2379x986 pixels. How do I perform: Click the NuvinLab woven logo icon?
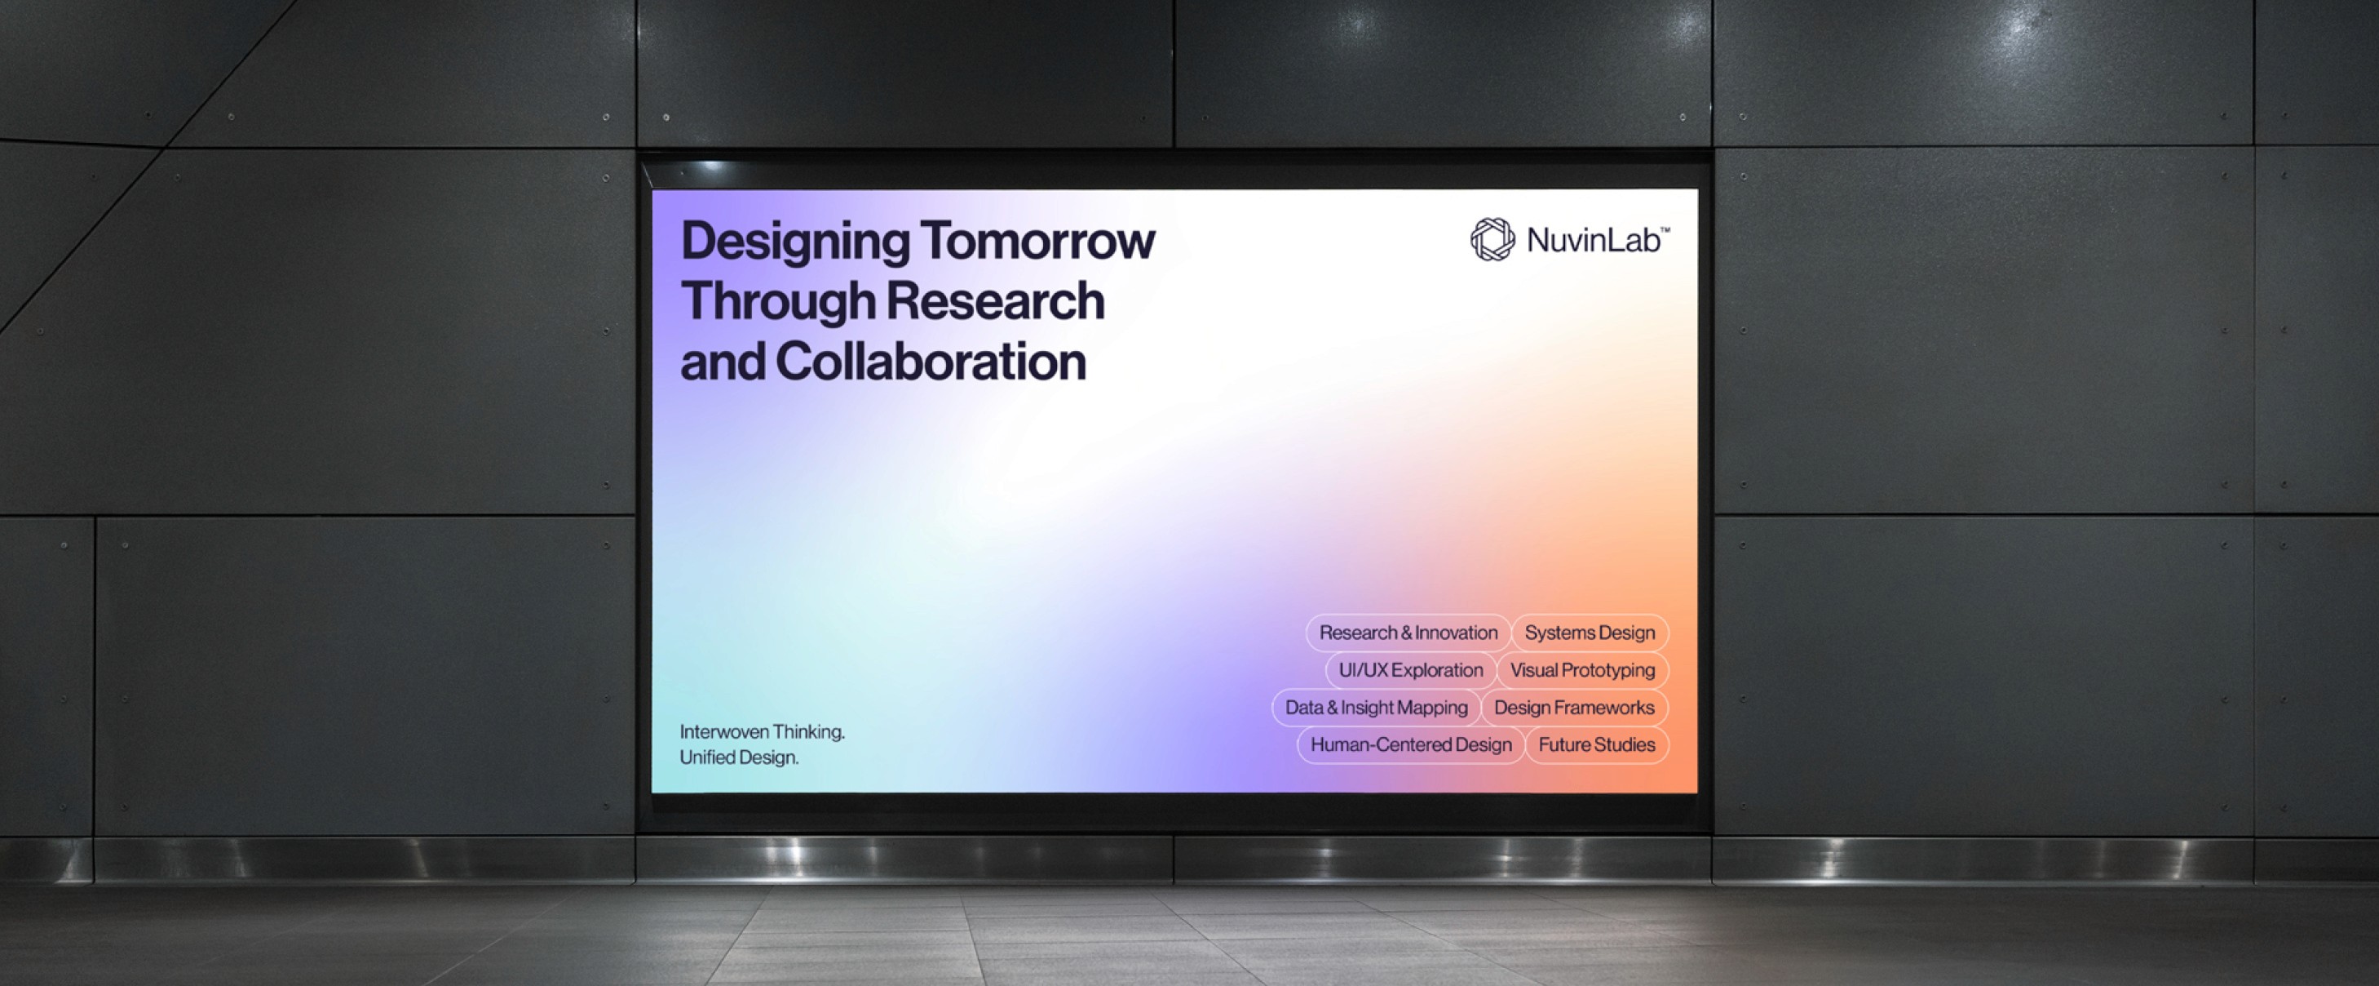point(1492,239)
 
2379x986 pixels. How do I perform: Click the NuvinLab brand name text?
point(1593,240)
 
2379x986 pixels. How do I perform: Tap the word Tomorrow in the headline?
point(1037,240)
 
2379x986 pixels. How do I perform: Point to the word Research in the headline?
point(995,301)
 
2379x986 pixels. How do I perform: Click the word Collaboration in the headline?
point(930,362)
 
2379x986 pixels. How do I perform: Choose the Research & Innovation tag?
point(1408,633)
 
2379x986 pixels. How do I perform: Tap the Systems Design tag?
point(1590,633)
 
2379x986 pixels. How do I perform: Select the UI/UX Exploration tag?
point(1410,670)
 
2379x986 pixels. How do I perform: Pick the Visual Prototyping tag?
point(1582,670)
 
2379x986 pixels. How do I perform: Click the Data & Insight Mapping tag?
point(1376,708)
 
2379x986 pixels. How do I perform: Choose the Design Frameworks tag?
point(1574,708)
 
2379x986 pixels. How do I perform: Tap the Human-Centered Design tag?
point(1410,745)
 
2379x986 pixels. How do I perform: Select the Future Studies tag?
point(1596,745)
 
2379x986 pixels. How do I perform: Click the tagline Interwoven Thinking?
point(762,732)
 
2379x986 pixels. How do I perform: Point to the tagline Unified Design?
point(739,757)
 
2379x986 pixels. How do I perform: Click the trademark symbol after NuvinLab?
point(1665,229)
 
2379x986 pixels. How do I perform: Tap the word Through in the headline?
point(777,301)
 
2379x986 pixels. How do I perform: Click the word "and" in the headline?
point(723,362)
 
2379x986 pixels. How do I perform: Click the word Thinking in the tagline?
point(808,732)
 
